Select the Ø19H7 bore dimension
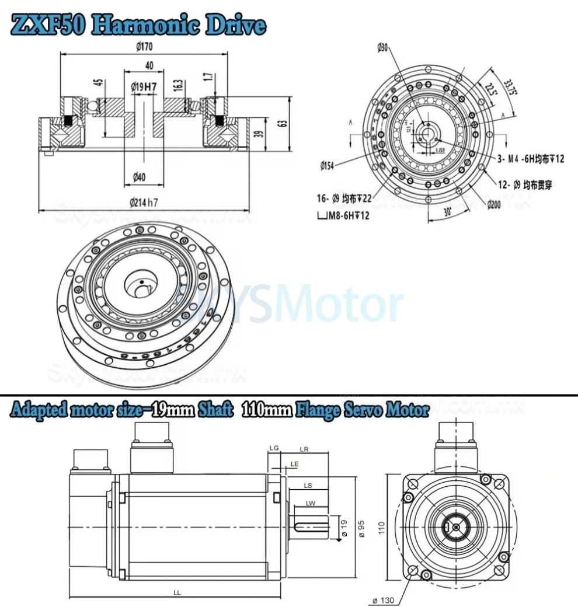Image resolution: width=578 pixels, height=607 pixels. point(143,87)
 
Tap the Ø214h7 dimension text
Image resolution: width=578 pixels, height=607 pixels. point(143,203)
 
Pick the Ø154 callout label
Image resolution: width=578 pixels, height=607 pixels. point(328,166)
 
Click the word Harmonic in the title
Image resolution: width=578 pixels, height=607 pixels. point(142,26)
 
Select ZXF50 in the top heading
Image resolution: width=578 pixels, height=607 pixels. point(49,26)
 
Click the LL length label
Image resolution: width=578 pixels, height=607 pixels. point(176,592)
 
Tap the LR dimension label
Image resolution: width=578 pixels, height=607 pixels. point(304,449)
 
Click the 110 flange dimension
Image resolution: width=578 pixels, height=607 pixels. point(381,528)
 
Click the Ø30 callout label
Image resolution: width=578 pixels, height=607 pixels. point(382,48)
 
